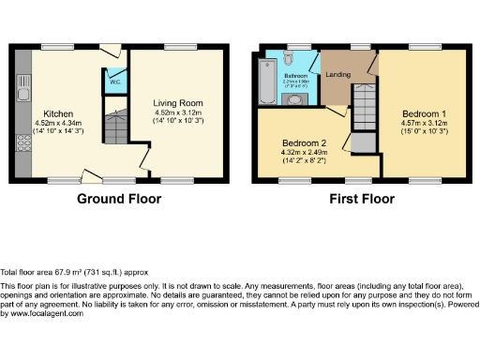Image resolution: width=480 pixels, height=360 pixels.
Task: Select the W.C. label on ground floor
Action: coord(113,82)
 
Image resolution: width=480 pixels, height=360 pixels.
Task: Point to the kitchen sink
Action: coord(22,93)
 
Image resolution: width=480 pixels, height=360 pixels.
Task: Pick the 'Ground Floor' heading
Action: coord(119,199)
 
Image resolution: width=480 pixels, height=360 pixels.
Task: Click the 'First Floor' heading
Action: coord(361,199)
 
